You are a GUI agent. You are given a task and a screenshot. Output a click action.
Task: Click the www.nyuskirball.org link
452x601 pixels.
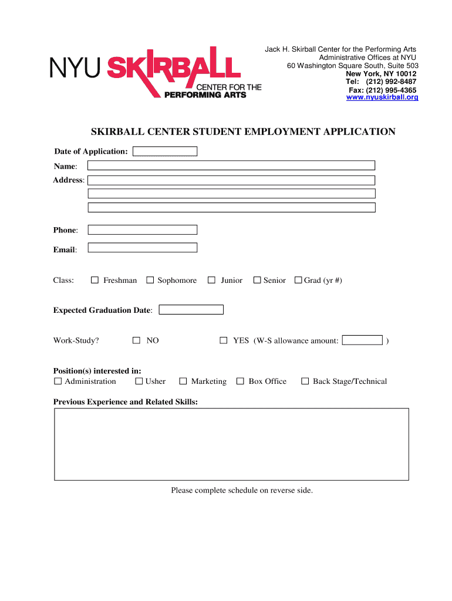click(x=382, y=97)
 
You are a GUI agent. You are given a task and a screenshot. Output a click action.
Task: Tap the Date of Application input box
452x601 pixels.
click(x=165, y=151)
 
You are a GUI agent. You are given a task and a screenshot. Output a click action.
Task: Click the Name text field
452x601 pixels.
click(x=231, y=165)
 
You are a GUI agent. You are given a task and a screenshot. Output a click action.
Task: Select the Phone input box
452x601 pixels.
click(x=143, y=229)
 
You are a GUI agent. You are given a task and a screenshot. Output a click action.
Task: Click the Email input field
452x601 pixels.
click(x=143, y=248)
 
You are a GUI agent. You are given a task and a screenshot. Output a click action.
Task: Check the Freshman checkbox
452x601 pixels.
click(x=95, y=281)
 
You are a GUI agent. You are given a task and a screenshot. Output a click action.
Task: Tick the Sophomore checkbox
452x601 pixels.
click(x=150, y=281)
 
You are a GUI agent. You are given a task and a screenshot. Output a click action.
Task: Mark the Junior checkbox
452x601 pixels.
click(x=212, y=281)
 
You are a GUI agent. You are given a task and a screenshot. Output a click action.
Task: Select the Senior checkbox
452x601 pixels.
click(x=257, y=281)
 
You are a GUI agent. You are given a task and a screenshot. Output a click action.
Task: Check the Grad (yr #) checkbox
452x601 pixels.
click(x=298, y=281)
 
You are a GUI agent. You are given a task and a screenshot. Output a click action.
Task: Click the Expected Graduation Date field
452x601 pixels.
click(x=191, y=309)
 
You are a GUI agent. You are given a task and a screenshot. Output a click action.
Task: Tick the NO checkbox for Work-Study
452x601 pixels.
click(x=137, y=340)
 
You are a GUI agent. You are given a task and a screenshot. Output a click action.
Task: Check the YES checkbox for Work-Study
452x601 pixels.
click(x=224, y=340)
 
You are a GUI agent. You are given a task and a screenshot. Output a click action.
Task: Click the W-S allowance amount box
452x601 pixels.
click(x=362, y=340)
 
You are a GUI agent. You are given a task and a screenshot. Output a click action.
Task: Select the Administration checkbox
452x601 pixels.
click(x=58, y=381)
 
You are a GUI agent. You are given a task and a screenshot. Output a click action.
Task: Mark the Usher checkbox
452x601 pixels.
click(x=139, y=381)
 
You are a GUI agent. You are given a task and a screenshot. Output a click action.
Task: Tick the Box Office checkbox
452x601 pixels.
click(x=240, y=381)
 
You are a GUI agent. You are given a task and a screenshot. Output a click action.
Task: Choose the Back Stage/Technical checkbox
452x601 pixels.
click(x=305, y=381)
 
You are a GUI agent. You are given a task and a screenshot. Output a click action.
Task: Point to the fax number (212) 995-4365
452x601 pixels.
click(x=391, y=90)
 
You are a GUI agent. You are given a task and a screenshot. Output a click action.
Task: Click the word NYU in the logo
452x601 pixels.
click(x=75, y=69)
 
